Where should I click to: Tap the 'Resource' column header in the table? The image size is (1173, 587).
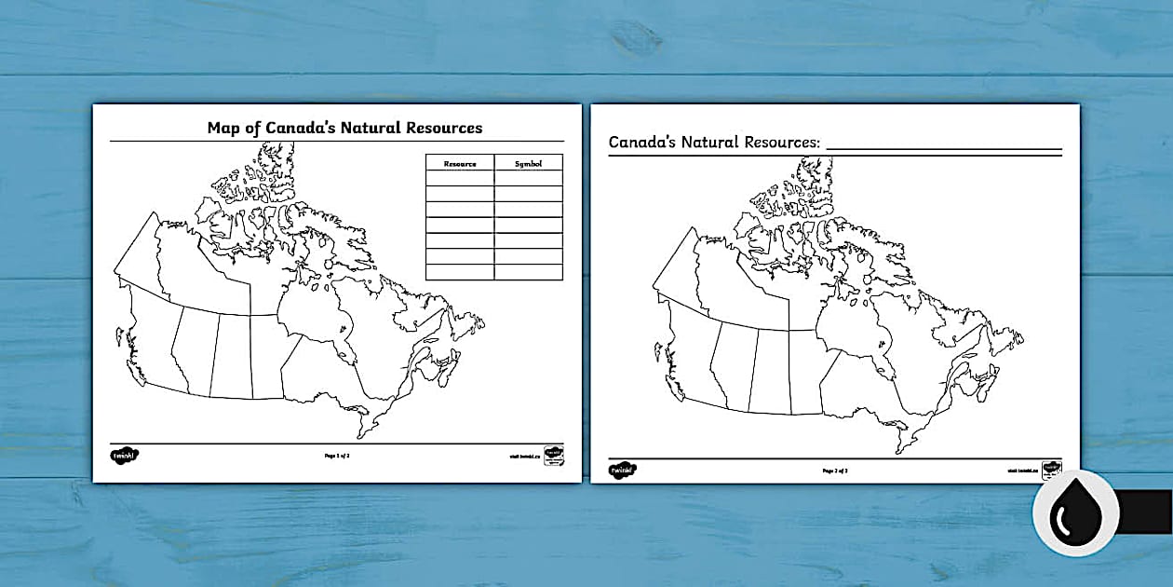point(460,163)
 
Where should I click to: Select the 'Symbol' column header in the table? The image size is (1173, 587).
point(528,163)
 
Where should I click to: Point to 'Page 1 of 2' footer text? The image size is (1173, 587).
point(337,456)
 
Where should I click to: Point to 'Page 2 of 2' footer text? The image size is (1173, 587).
point(835,471)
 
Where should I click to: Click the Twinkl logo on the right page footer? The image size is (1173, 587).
point(624,471)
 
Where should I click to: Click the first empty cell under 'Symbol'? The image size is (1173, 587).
point(528,178)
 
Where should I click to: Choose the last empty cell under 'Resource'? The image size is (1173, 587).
point(460,271)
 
